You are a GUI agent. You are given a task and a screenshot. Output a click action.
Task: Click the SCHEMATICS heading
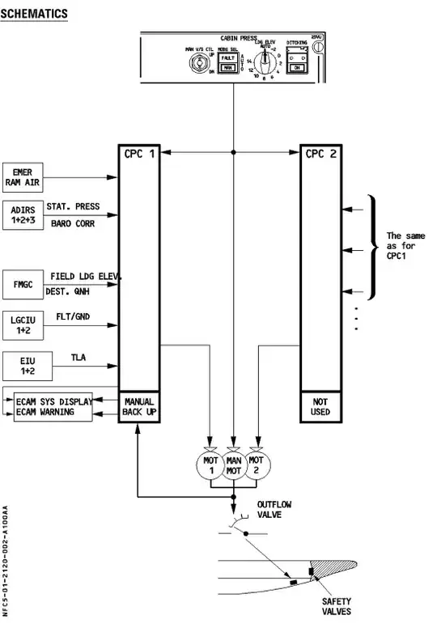point(34,15)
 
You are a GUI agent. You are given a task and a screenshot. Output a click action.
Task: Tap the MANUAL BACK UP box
point(139,407)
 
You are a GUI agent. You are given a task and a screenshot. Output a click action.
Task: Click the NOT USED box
point(319,407)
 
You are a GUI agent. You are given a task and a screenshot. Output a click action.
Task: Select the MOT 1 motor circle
point(210,466)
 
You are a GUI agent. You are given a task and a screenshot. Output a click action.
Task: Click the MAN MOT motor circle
point(234,466)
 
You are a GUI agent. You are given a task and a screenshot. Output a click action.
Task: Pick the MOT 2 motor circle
point(257,466)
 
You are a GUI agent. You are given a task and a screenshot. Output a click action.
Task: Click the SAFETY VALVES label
point(337,607)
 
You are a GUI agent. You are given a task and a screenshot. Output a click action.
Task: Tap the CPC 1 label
point(138,154)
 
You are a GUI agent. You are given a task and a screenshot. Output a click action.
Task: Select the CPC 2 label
point(319,154)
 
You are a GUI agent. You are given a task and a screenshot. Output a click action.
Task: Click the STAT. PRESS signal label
point(73,207)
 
